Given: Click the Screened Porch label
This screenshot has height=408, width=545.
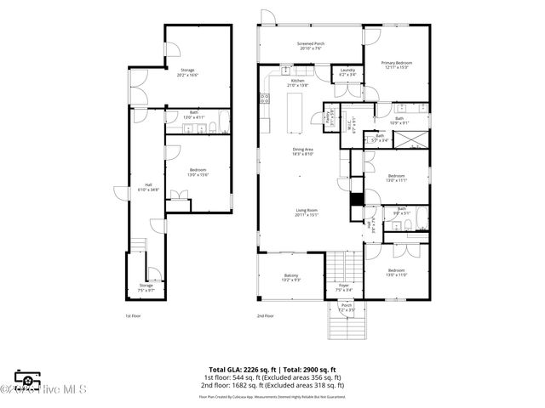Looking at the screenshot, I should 310,46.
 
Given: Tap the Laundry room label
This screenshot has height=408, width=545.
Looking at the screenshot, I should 347,71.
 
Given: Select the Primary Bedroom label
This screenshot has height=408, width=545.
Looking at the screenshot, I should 397,65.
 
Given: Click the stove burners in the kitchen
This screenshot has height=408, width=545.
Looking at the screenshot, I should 266,99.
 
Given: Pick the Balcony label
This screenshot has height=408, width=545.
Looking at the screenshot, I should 291,277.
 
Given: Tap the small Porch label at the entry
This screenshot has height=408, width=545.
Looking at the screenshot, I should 347,307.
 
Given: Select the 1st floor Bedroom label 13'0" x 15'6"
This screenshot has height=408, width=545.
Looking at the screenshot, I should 198,173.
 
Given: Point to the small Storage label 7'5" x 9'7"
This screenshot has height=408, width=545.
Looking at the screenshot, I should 146,288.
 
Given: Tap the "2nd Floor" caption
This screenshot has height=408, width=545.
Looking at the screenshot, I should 264,316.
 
